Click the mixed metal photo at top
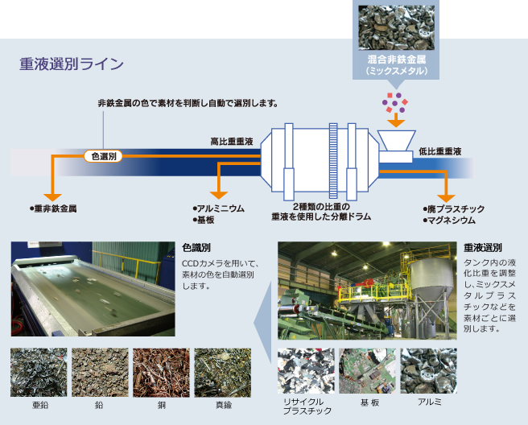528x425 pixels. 394,27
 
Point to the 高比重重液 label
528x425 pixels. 231,142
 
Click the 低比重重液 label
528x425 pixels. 439,151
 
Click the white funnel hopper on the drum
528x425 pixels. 395,144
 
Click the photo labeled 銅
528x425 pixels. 161,372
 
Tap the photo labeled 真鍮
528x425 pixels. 222,372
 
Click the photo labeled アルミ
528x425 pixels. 428,369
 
